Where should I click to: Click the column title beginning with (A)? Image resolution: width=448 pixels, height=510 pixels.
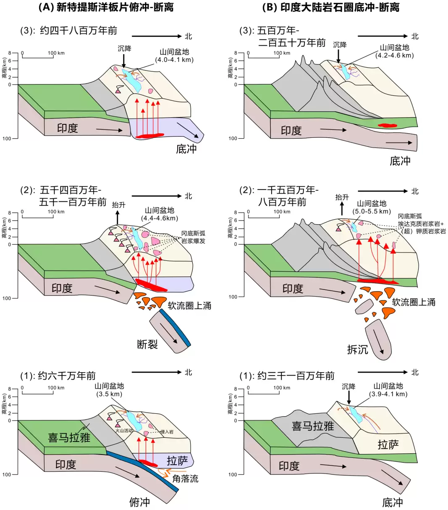(106, 7)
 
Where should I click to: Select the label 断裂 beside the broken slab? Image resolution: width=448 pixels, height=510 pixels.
(147, 344)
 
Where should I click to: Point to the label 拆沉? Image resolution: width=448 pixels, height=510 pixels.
(357, 350)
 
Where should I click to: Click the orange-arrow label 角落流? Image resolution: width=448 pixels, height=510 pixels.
(185, 478)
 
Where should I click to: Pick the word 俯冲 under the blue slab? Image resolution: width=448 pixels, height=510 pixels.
(140, 502)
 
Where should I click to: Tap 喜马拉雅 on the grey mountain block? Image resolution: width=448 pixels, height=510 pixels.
(313, 426)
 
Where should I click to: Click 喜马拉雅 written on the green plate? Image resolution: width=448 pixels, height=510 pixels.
(69, 437)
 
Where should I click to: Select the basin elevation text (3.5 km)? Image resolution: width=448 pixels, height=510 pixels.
(109, 394)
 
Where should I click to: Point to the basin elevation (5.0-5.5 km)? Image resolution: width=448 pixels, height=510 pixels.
(372, 211)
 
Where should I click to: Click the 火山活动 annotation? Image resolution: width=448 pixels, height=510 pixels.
(124, 431)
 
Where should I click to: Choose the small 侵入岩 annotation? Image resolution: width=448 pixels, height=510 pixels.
(167, 432)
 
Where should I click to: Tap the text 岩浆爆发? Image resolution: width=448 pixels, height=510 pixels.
(193, 241)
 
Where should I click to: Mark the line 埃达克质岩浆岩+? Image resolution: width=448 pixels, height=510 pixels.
(421, 224)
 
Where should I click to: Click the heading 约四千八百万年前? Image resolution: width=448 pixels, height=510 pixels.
(79, 31)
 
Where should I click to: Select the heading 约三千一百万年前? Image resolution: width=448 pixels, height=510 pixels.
(296, 376)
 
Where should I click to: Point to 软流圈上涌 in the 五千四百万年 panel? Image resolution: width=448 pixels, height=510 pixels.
(189, 305)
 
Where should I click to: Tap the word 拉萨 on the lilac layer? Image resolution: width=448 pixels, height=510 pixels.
(177, 461)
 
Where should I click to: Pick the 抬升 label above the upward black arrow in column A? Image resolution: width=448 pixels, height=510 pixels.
(119, 205)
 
